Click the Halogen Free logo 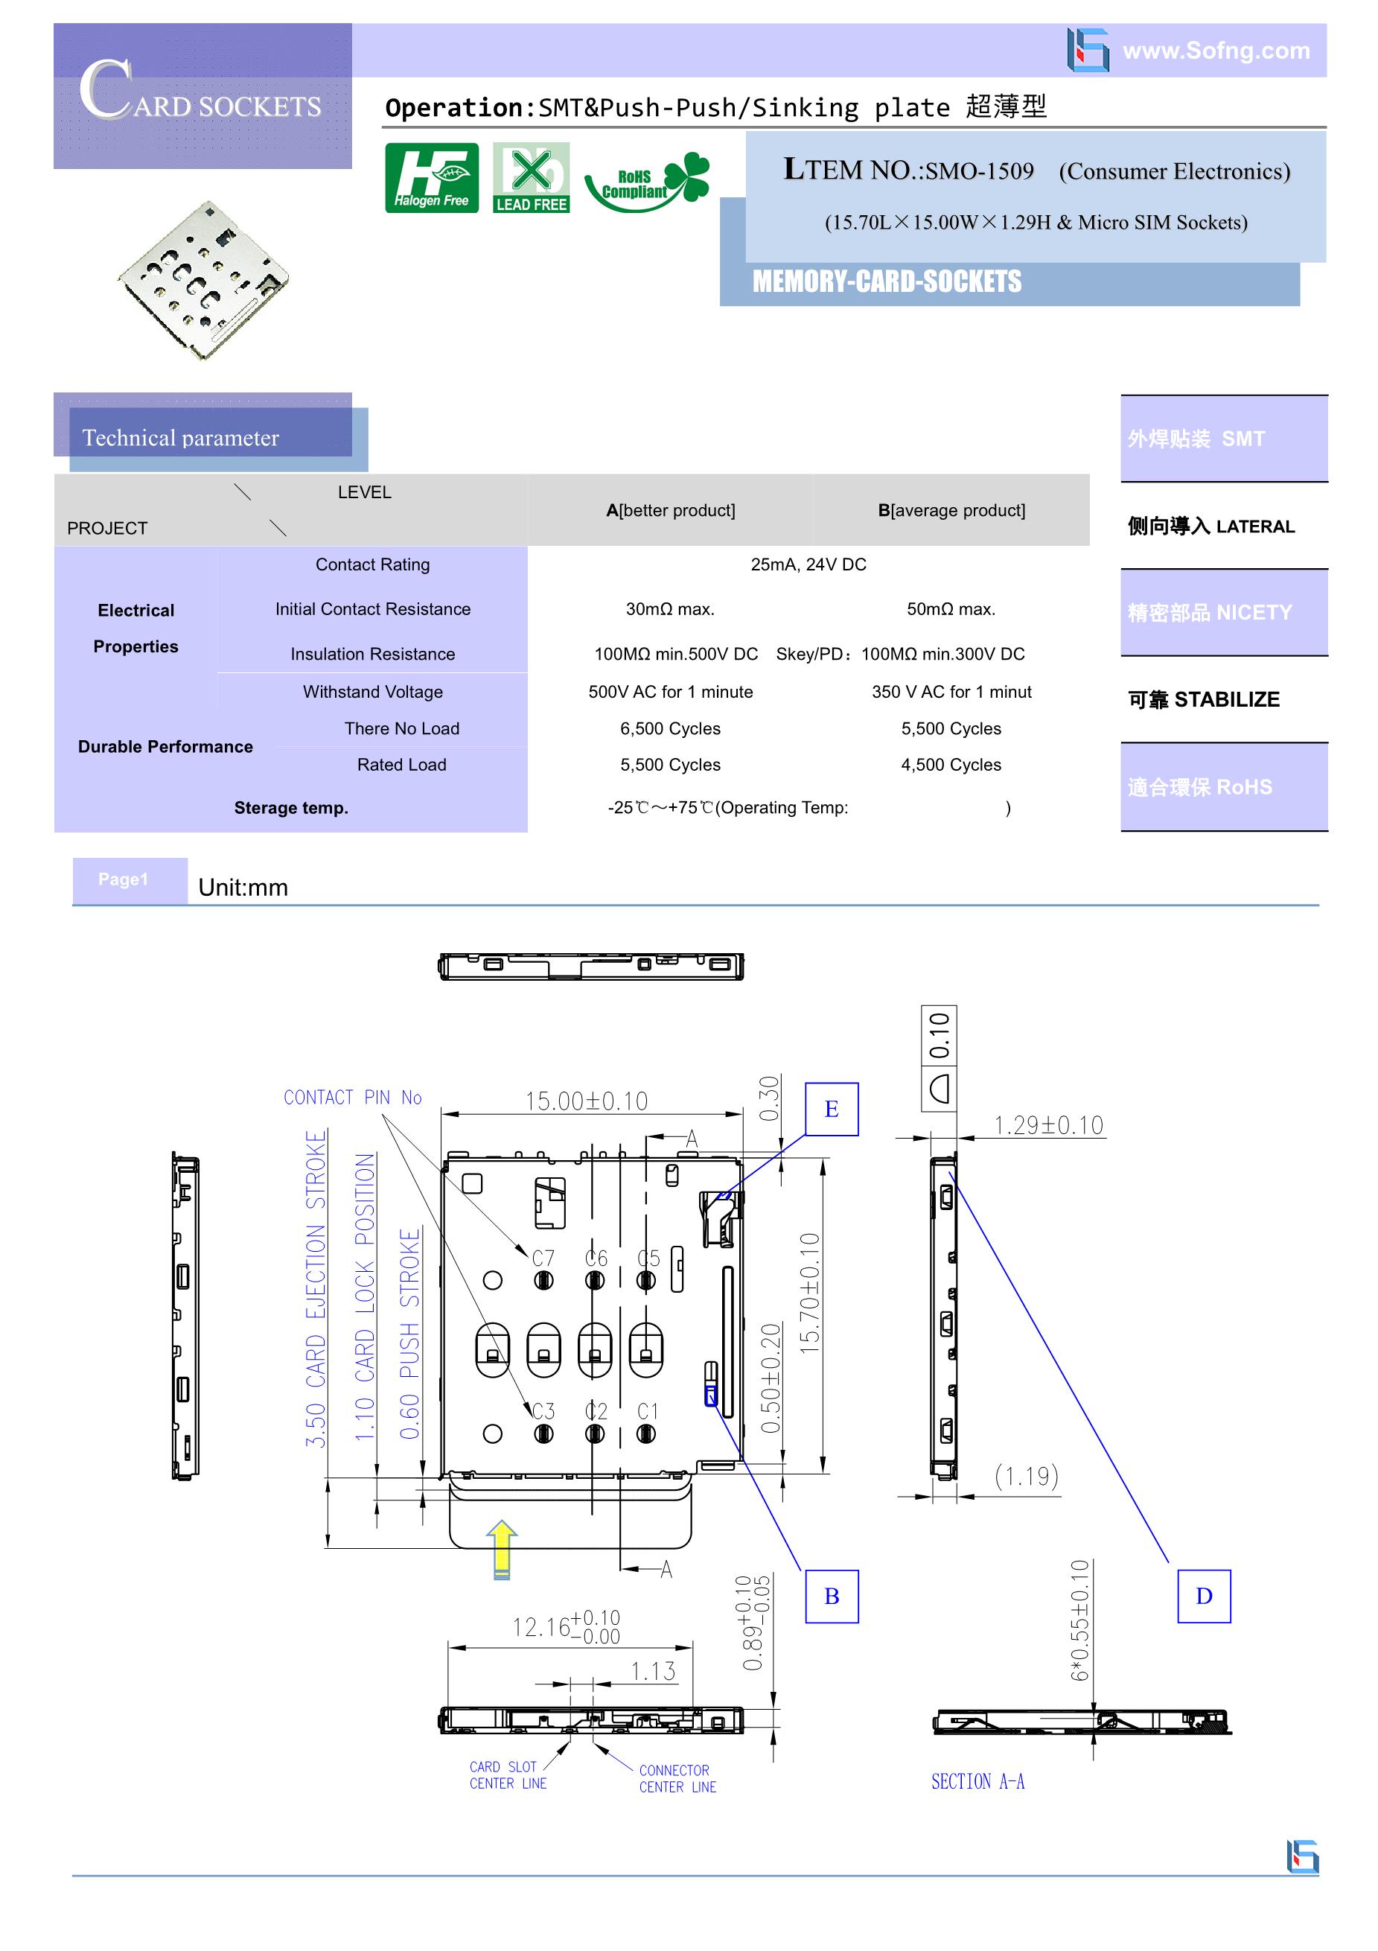coord(432,177)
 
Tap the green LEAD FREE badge coord(531,177)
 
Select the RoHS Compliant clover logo coord(648,181)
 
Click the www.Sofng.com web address coord(1216,50)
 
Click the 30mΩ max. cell coord(669,609)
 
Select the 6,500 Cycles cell coord(669,728)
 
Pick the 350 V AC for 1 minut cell coord(951,692)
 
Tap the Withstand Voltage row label coord(372,692)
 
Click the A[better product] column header coord(670,510)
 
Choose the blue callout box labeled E coord(831,1109)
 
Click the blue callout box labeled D coord(1203,1596)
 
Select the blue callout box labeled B coord(831,1596)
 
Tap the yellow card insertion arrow coord(502,1549)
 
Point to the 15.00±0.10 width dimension coord(586,1101)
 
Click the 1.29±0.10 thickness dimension coord(1048,1125)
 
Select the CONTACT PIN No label coord(353,1097)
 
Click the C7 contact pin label coord(543,1258)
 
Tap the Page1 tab coord(123,879)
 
